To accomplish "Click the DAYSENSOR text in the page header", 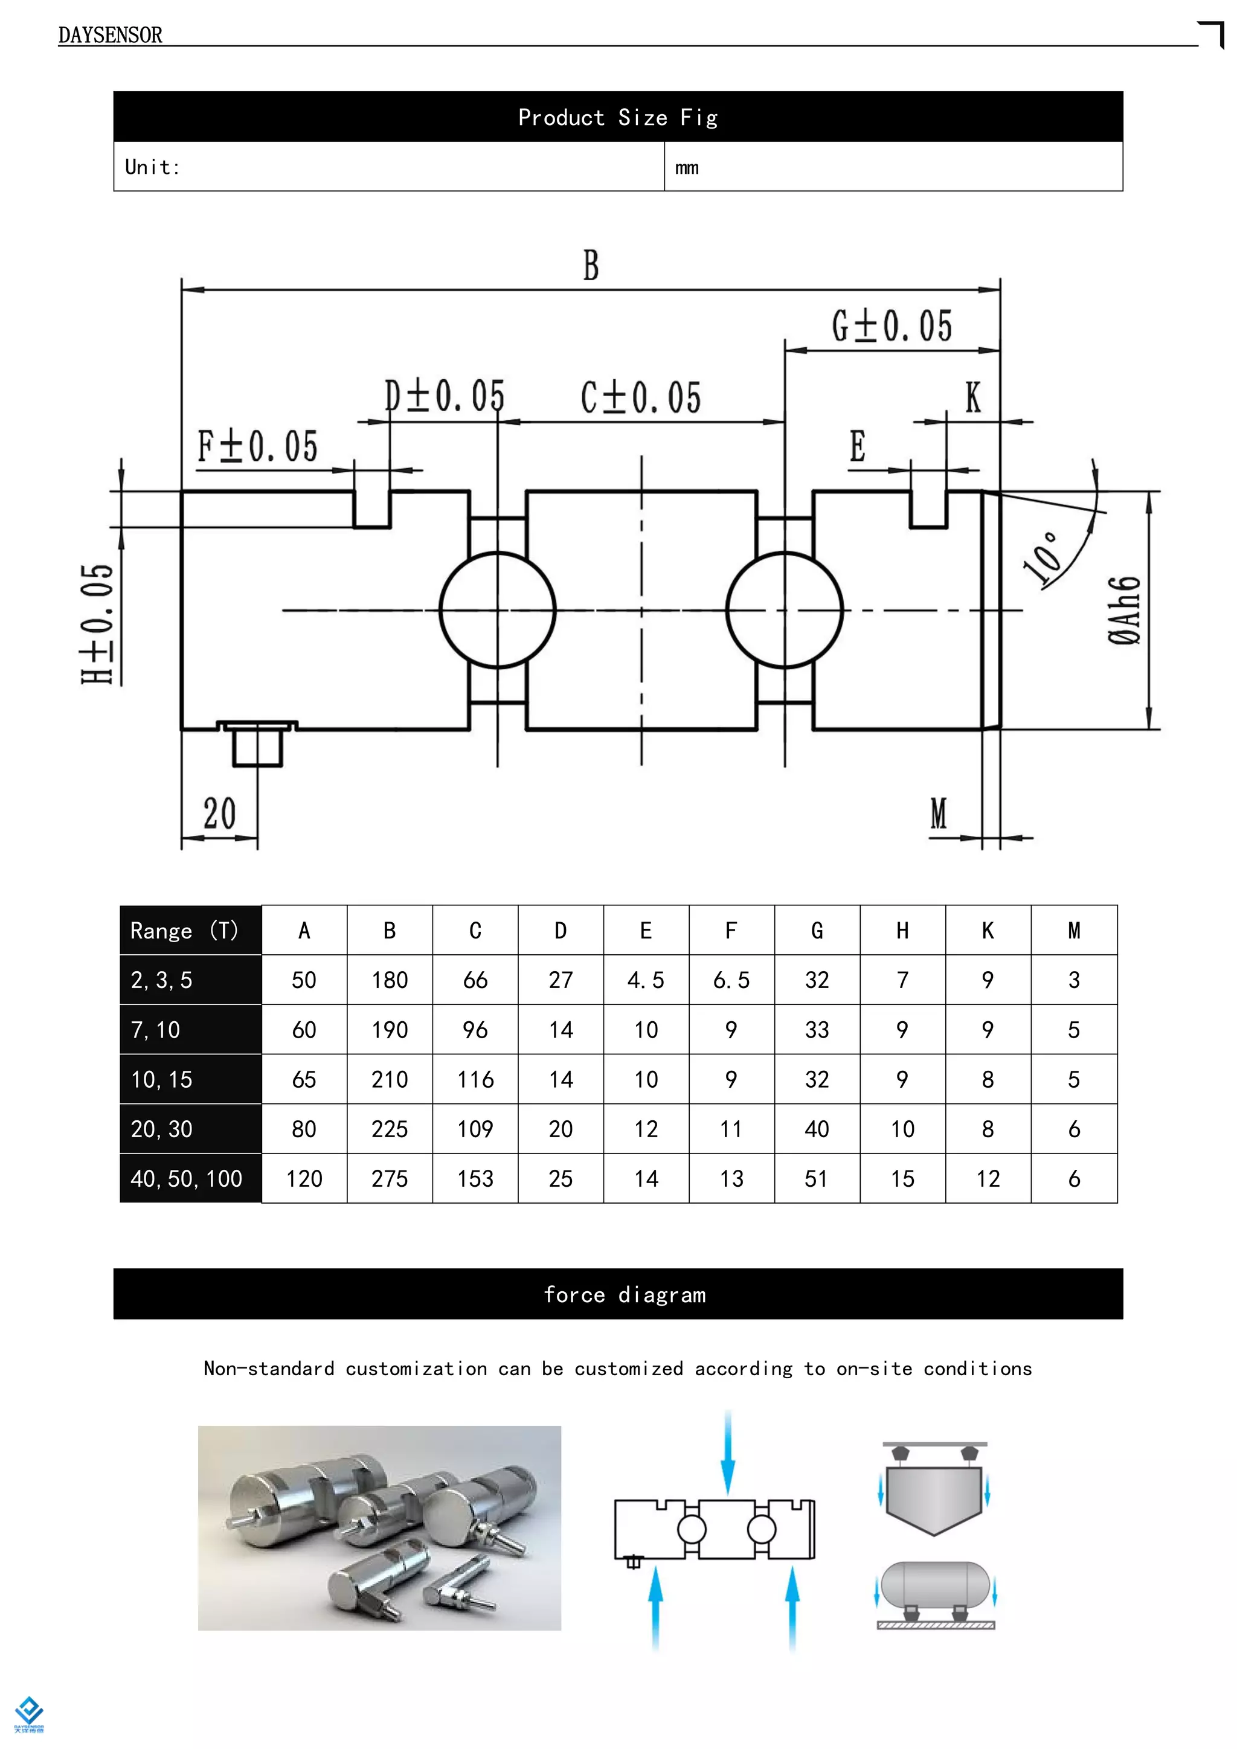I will point(111,35).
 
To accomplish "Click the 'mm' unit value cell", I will point(686,167).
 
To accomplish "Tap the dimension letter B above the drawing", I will point(591,266).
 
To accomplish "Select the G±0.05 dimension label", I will point(891,326).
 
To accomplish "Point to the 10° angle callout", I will point(1042,559).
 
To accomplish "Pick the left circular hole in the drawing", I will point(497,609).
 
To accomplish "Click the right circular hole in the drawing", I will point(785,609).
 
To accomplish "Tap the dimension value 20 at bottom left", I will point(219,814).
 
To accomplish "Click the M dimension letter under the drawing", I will point(939,814).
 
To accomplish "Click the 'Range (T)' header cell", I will point(184,930).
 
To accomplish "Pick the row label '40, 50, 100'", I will point(187,1178).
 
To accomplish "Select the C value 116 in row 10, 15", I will point(475,1079).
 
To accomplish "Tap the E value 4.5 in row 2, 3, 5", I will point(646,980).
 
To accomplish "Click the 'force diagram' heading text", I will point(625,1295).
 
